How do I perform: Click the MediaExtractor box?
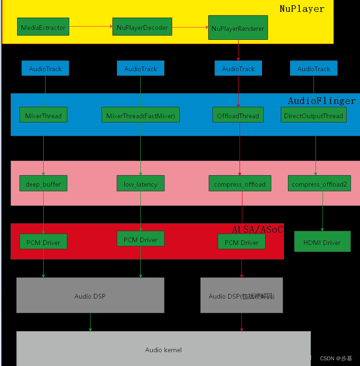(43, 27)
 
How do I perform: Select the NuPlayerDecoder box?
(142, 27)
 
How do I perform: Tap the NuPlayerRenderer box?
(238, 28)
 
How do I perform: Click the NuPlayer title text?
(302, 9)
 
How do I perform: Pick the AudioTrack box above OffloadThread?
(238, 68)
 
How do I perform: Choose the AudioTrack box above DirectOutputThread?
(314, 68)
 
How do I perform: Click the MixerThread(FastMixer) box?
(140, 115)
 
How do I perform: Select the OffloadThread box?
(238, 115)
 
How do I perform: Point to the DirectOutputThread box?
(313, 115)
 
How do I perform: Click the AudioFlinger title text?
(322, 101)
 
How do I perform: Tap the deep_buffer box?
(43, 184)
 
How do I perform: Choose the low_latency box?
(140, 184)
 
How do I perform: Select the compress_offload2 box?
(319, 184)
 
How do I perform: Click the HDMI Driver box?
(322, 242)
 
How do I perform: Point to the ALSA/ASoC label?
(257, 229)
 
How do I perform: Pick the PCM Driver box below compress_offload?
(241, 242)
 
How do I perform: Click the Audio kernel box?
(163, 349)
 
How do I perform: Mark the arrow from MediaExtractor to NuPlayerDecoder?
(91, 27)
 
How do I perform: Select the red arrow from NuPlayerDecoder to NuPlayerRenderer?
(190, 27)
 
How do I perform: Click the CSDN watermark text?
(336, 358)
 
